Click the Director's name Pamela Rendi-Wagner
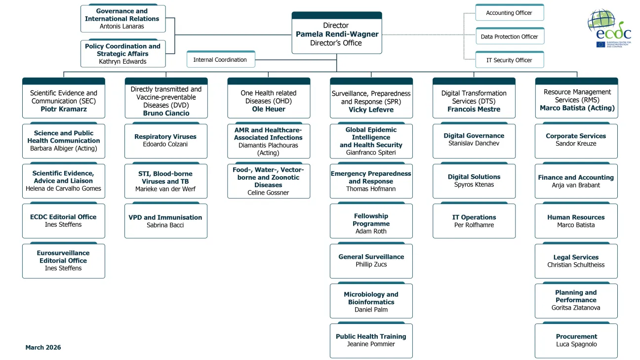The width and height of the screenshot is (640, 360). (337, 34)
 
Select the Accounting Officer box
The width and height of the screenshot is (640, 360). (509, 13)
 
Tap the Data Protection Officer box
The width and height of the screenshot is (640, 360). (509, 37)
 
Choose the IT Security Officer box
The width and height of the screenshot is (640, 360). (509, 60)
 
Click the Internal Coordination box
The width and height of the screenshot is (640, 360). (220, 60)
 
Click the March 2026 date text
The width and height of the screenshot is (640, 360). (43, 347)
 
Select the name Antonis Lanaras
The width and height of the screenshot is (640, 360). (123, 26)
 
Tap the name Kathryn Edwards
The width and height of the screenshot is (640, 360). (122, 62)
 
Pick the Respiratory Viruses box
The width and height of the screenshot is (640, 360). (165, 140)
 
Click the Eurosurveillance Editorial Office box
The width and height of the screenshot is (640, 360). (63, 261)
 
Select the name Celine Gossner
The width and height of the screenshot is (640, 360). (268, 193)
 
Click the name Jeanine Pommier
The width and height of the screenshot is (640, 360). (371, 344)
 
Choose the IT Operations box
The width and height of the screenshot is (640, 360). (474, 221)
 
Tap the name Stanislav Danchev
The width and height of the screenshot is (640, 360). (474, 143)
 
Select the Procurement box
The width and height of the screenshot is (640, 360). (576, 340)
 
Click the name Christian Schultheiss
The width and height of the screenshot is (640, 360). (576, 265)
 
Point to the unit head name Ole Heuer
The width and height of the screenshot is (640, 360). (269, 109)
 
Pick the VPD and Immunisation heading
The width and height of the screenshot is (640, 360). (165, 217)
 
